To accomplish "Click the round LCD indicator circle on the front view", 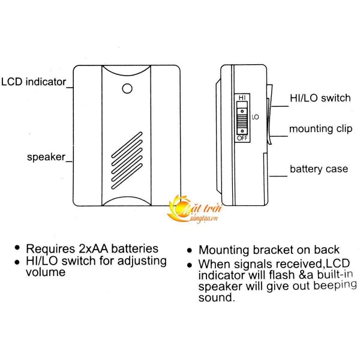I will (127, 88).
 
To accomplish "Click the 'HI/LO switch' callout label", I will (319, 98).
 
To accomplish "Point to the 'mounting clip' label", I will (320, 129).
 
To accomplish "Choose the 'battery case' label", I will (319, 169).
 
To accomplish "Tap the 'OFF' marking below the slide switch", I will (242, 138).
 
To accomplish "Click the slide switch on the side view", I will (242, 118).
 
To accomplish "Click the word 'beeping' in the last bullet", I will (326, 286).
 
